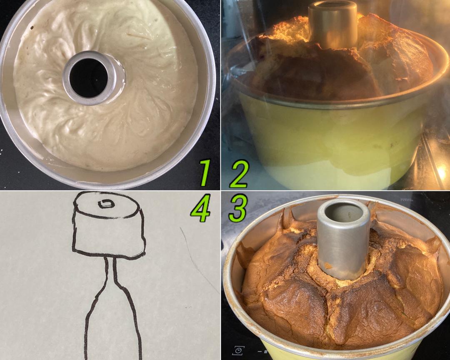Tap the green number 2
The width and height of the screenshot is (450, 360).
[239, 174]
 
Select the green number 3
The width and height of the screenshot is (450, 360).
[238, 208]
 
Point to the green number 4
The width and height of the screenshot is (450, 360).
[200, 208]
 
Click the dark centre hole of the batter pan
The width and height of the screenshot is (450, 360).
[89, 77]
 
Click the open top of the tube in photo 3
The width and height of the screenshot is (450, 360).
[344, 212]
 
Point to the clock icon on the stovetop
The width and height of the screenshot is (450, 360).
[238, 350]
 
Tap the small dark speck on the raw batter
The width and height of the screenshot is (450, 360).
[32, 27]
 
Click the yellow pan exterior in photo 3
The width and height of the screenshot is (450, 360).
[339, 352]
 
